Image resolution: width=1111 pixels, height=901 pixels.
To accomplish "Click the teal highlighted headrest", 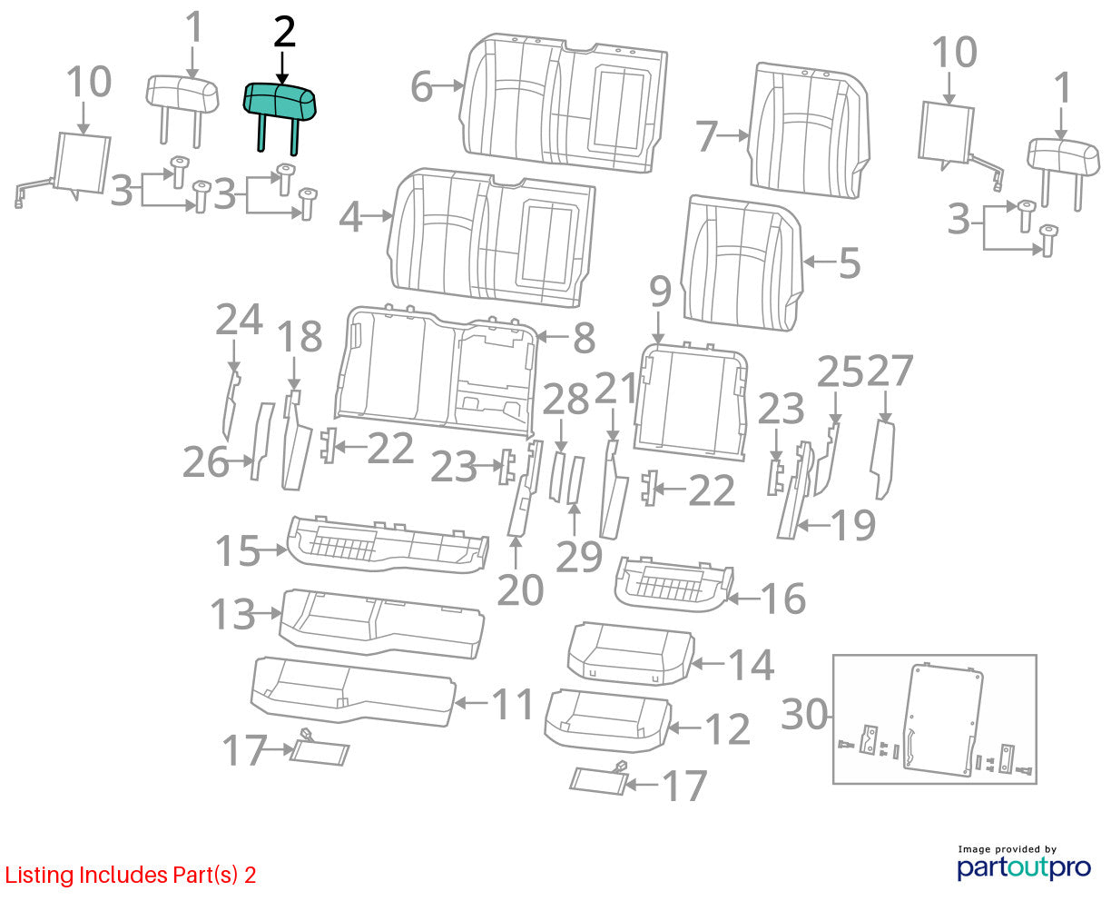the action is click(x=280, y=104).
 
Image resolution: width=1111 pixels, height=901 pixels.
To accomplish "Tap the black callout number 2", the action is click(x=284, y=33).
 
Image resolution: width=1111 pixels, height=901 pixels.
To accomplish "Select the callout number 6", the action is click(x=421, y=86).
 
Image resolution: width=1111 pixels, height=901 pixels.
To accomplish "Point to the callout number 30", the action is click(x=804, y=714).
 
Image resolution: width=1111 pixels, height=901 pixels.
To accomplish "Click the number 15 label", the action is click(x=238, y=550).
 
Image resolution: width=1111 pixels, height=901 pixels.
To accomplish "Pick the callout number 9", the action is click(x=660, y=292).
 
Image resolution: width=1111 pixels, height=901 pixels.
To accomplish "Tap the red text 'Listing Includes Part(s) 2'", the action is click(x=131, y=875).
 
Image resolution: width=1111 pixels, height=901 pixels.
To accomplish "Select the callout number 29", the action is click(x=579, y=557).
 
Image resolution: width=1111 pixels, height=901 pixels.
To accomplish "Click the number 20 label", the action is click(x=520, y=590).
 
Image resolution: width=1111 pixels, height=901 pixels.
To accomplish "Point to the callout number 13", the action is click(x=232, y=614).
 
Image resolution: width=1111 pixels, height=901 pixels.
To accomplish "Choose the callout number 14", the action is click(x=751, y=665).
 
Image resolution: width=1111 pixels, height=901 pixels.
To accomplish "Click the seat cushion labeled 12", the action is click(x=607, y=720).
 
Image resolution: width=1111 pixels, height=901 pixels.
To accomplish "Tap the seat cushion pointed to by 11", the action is click(x=353, y=691).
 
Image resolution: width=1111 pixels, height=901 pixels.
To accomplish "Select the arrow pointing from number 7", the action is click(x=732, y=135).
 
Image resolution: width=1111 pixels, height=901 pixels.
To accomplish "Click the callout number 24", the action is click(x=239, y=320).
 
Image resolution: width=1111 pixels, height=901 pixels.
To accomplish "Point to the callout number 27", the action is click(x=890, y=371).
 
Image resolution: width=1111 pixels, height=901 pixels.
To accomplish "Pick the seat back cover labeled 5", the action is click(x=742, y=263).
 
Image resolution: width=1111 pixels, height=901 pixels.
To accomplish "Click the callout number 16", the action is click(x=783, y=599).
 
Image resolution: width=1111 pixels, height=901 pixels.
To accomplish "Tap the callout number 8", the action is click(x=585, y=338).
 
